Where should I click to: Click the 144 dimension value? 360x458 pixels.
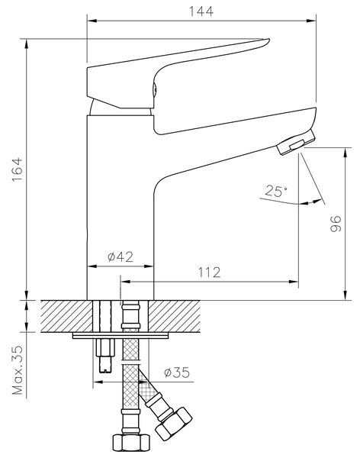point(201,11)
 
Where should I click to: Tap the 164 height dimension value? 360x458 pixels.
point(18,169)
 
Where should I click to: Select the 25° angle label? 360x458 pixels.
point(276,192)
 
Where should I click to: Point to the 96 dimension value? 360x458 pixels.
point(336,224)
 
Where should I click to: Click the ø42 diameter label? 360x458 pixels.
point(121,256)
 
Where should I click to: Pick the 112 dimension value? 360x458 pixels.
point(209,273)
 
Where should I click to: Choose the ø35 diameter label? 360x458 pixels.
point(177,373)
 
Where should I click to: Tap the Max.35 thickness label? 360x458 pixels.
point(18,370)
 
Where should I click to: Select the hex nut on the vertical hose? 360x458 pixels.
point(131,443)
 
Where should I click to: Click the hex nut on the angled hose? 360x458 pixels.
point(174,424)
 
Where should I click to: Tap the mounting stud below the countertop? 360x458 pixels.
point(104,356)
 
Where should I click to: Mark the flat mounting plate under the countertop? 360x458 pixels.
point(121,336)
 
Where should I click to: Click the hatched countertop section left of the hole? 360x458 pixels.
point(66,316)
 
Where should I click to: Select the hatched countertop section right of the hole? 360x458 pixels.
point(174,316)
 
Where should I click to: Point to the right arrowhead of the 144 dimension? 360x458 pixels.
point(311,21)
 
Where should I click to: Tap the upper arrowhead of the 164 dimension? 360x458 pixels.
point(27,44)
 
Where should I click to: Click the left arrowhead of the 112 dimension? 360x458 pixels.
point(125,282)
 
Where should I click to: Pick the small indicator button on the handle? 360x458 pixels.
point(156,89)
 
